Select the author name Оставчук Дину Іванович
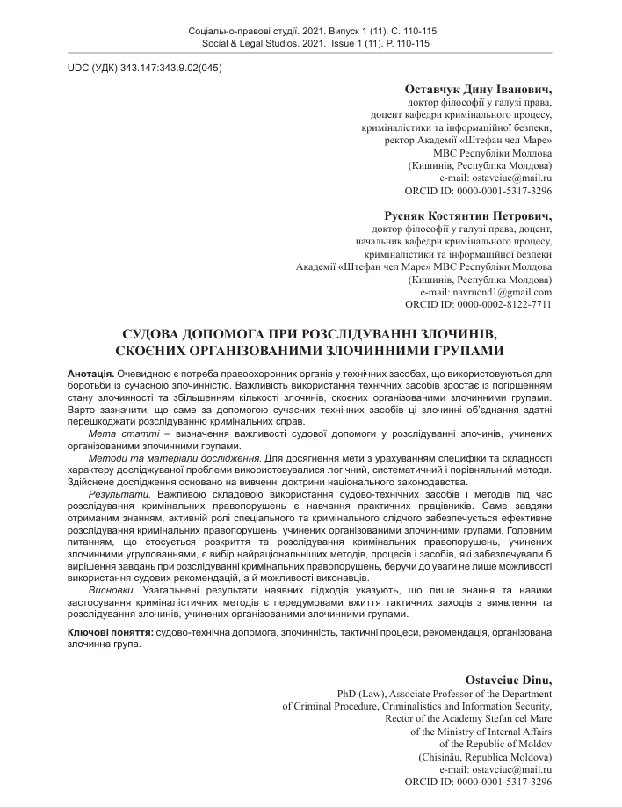tap(478, 89)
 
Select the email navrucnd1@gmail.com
tap(500, 291)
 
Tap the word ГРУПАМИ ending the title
tap(469, 351)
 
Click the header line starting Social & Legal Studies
tap(312, 42)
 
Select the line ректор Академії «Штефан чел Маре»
tap(468, 140)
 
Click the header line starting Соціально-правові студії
tap(312, 31)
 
